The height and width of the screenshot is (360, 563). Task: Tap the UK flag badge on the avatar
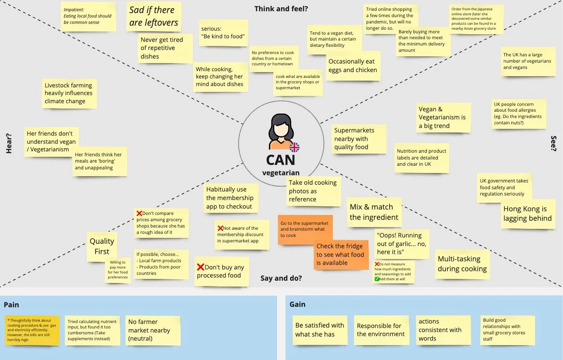[x=295, y=147]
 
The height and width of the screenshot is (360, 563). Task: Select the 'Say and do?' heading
[x=281, y=278]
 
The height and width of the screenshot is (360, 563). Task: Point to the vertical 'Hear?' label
[x=9, y=143]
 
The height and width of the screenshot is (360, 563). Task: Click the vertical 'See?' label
[x=554, y=143]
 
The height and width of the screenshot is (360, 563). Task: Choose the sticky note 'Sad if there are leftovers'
[x=154, y=17]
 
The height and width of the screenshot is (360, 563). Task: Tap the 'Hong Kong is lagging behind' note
[x=527, y=214]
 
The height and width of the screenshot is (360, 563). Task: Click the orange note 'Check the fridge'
[x=340, y=255]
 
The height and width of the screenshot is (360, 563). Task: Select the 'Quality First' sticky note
[x=102, y=246]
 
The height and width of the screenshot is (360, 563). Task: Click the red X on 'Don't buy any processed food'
[x=201, y=267]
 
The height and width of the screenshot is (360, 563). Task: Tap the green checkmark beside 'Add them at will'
[x=377, y=279]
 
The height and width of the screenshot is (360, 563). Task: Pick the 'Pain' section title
[x=11, y=305]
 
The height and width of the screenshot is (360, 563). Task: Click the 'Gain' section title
[x=297, y=304]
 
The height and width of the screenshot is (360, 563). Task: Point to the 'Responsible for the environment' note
[x=381, y=330]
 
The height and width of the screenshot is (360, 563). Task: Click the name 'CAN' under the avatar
[x=281, y=160]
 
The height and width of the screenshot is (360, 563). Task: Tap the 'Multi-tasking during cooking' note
[x=462, y=264]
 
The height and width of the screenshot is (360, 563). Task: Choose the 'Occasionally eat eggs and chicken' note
[x=353, y=66]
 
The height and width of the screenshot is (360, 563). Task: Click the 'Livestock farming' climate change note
[x=68, y=93]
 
